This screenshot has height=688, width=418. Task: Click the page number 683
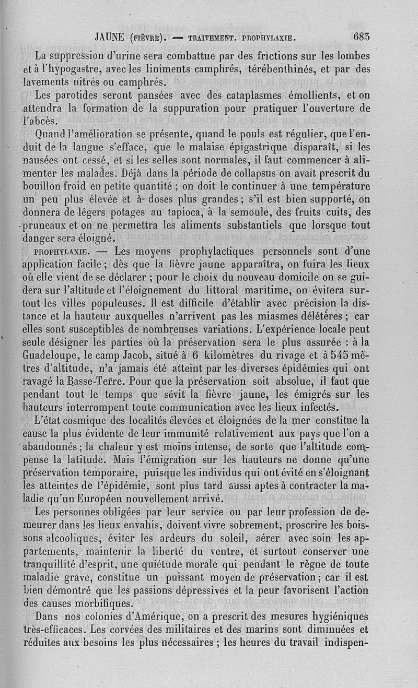[x=362, y=37]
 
